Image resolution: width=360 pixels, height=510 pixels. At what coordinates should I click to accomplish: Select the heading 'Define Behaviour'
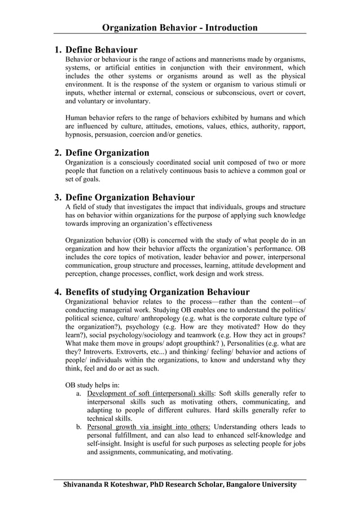click(x=102, y=50)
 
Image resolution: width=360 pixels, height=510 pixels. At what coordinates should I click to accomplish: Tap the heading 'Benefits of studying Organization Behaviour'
click(x=157, y=292)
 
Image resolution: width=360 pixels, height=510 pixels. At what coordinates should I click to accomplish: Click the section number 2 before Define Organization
click(x=58, y=153)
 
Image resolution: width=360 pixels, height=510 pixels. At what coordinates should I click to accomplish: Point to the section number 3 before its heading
click(x=58, y=198)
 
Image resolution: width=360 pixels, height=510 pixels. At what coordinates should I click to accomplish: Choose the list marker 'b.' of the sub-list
click(x=80, y=427)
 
